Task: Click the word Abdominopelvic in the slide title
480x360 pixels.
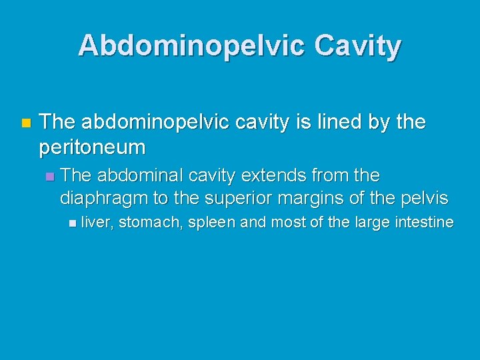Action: pos(191,45)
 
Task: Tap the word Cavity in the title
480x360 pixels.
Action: pos(357,45)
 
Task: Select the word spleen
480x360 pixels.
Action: pos(211,223)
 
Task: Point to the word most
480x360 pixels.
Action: pos(287,222)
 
